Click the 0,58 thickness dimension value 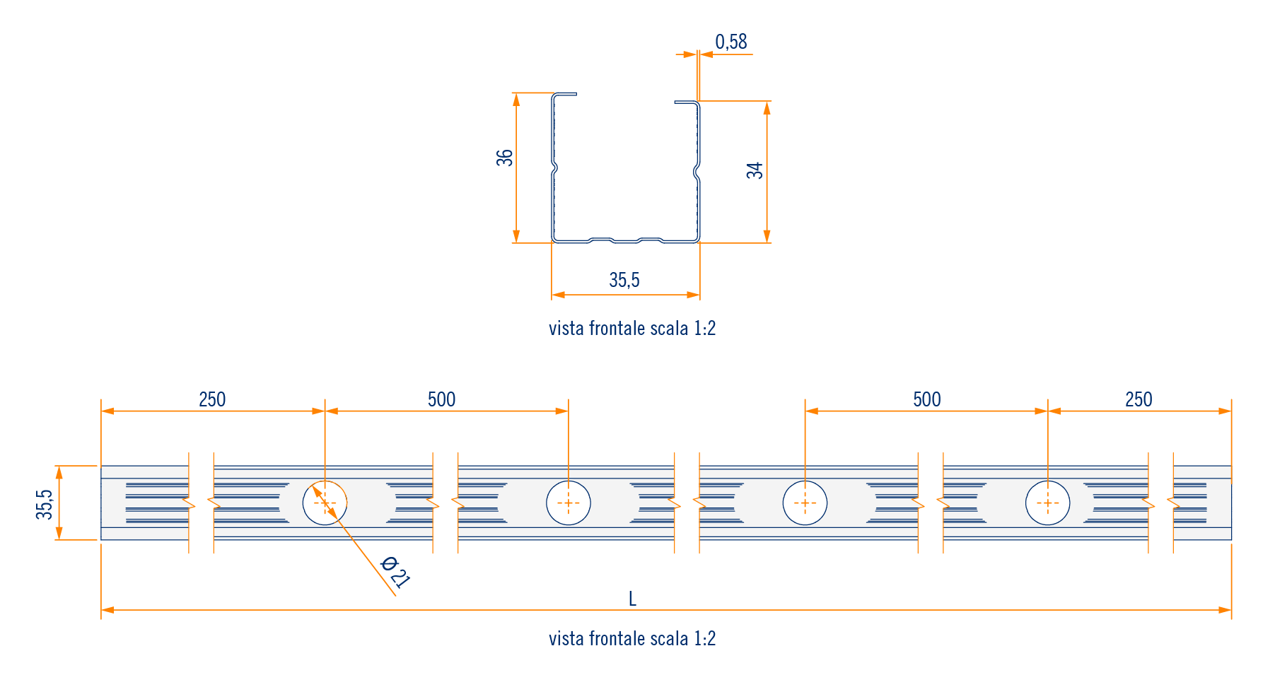pos(730,42)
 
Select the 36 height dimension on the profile pos(505,158)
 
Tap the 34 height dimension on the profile pos(755,170)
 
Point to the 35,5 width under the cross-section pos(624,281)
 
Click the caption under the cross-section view pos(632,329)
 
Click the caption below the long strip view pos(632,639)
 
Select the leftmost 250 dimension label pos(212,400)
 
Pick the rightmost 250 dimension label pos(1139,400)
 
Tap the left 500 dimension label pos(441,400)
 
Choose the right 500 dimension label pos(926,400)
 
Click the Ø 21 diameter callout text pos(395,572)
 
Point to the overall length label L pos(632,599)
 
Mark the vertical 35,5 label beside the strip pos(45,504)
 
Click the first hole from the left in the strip pos(325,503)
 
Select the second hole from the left pos(569,503)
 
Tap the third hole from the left pos(805,503)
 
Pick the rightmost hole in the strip pos(1047,503)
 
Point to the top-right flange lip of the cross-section pos(686,102)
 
